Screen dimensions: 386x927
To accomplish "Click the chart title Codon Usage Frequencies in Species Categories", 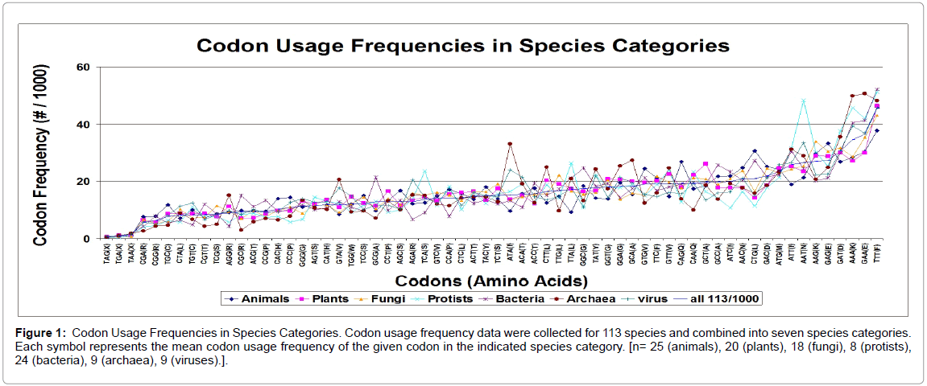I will [x=463, y=45].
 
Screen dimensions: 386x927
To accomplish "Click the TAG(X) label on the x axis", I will [x=107, y=255].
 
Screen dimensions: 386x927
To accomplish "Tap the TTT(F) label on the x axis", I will [x=877, y=255].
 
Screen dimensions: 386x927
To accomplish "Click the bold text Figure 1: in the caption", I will [x=40, y=332].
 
